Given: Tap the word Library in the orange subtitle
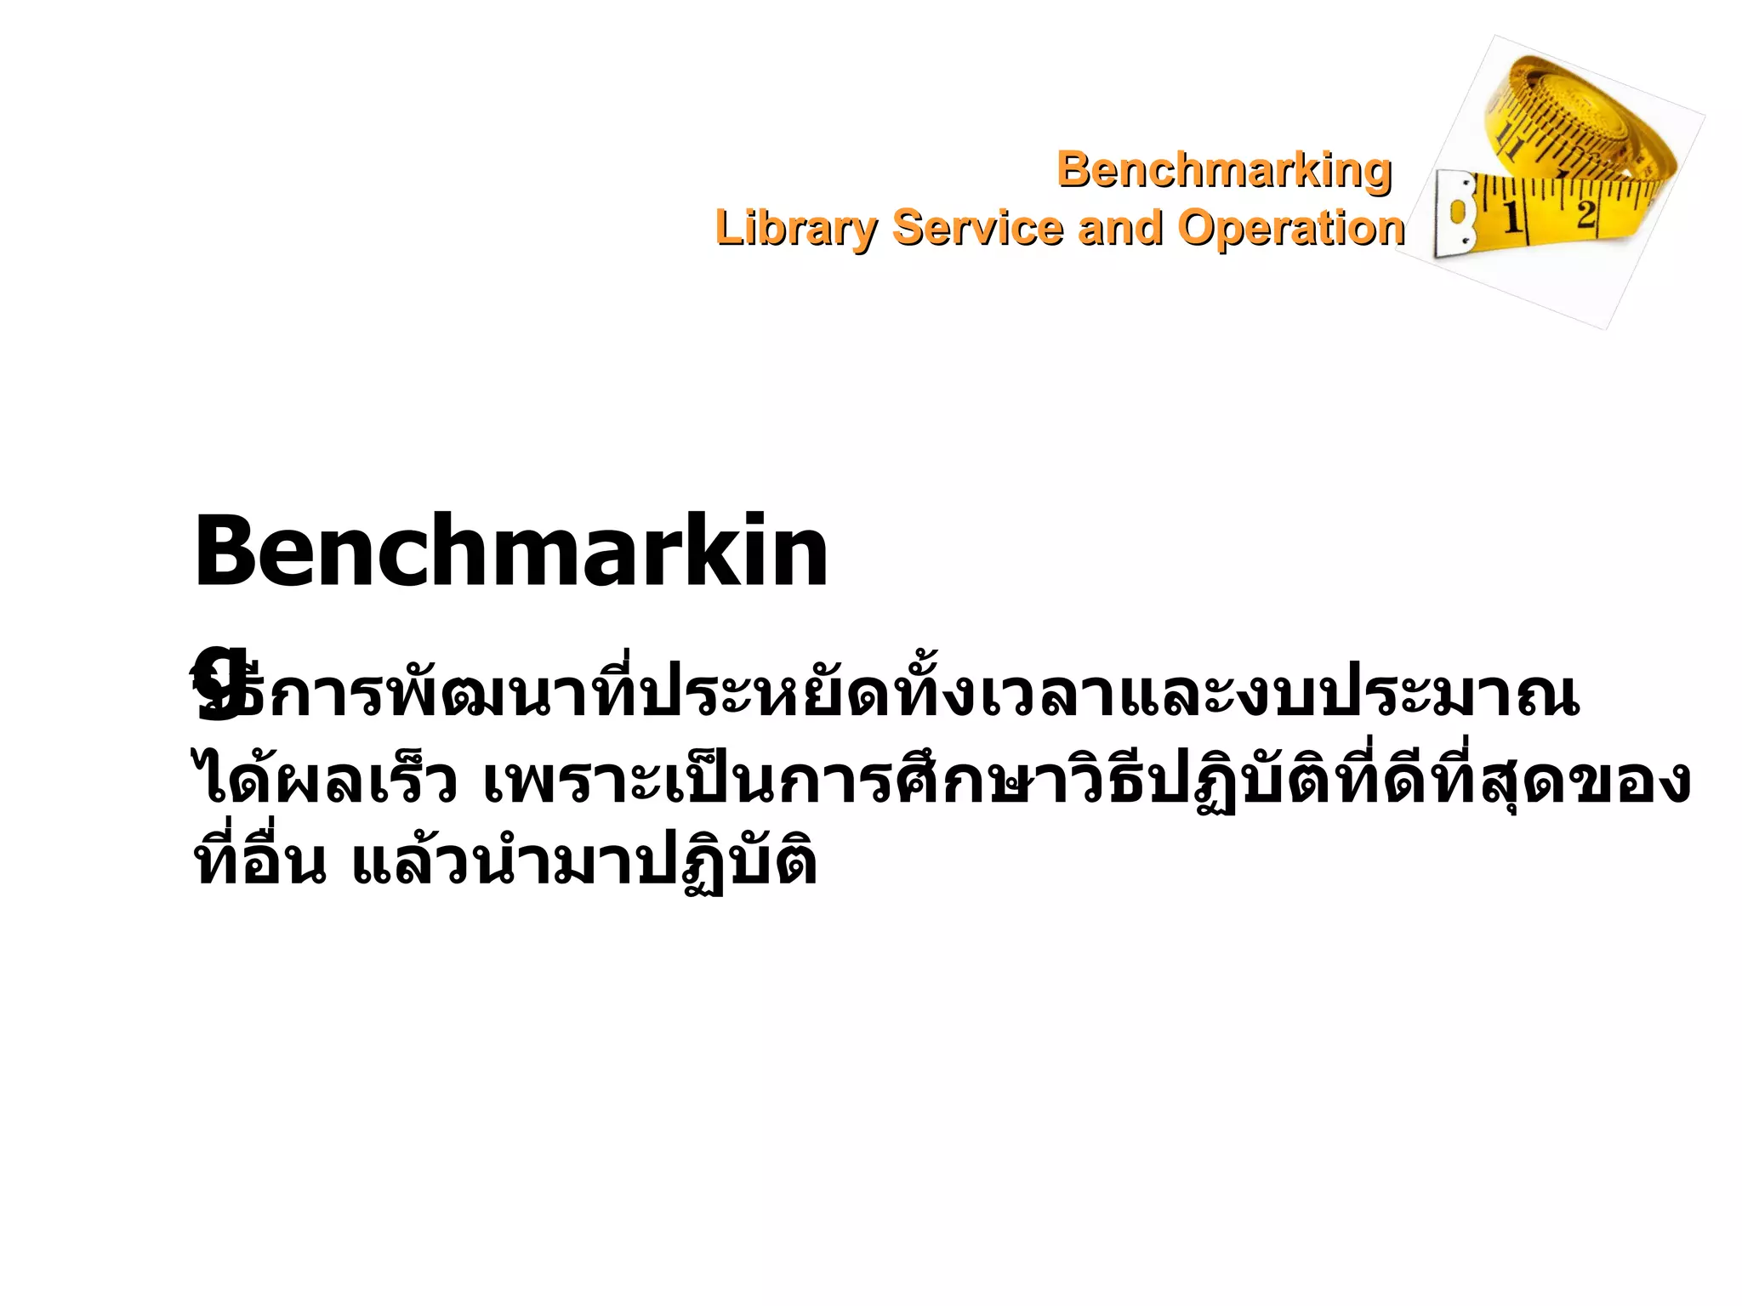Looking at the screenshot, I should point(795,228).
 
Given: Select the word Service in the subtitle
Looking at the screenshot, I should point(976,228).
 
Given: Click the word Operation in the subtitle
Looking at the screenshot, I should point(1290,228).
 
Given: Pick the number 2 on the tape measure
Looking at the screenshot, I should point(1585,213).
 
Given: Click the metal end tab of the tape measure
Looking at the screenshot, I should point(1456,213).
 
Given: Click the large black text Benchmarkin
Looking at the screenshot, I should point(510,553).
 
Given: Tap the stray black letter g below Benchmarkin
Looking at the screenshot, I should point(219,680).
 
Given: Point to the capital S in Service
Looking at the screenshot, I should point(908,228).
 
